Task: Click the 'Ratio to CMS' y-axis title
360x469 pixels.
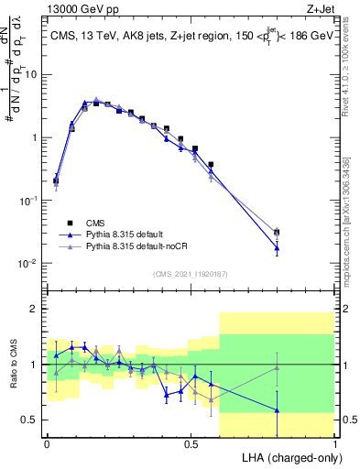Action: [x=13, y=365]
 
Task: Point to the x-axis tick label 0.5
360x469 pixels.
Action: [x=191, y=444]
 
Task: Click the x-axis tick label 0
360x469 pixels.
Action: [x=47, y=444]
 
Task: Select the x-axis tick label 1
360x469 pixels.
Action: [x=335, y=444]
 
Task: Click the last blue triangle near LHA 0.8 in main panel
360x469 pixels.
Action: [x=277, y=247]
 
